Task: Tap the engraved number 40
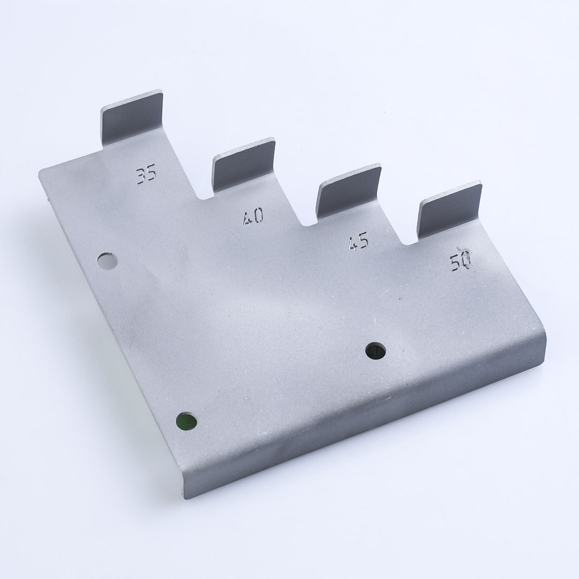click(x=253, y=216)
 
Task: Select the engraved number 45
click(x=358, y=241)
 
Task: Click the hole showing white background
click(x=107, y=261)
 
